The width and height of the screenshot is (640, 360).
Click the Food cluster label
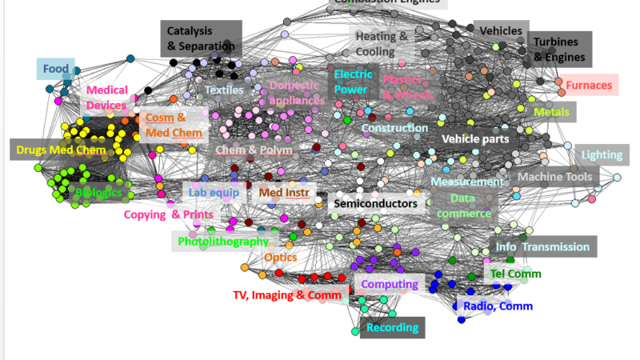click(x=56, y=70)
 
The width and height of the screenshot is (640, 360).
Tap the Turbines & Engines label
click(x=559, y=50)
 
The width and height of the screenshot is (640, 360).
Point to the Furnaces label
click(x=588, y=85)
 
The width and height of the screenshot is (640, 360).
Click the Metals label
click(x=551, y=112)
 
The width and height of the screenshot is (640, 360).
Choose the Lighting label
click(x=600, y=154)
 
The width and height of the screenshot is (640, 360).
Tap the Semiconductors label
click(x=375, y=204)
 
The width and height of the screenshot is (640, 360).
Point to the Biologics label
click(x=99, y=192)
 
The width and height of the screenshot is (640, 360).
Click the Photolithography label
click(x=223, y=241)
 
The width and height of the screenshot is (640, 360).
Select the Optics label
click(x=280, y=258)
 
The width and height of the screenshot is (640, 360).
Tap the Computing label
click(x=389, y=284)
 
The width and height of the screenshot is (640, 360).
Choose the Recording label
click(x=392, y=327)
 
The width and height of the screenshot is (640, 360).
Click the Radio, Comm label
click(x=498, y=306)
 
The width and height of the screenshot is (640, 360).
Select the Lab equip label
click(x=214, y=192)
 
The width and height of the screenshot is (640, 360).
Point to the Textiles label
click(x=224, y=90)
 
